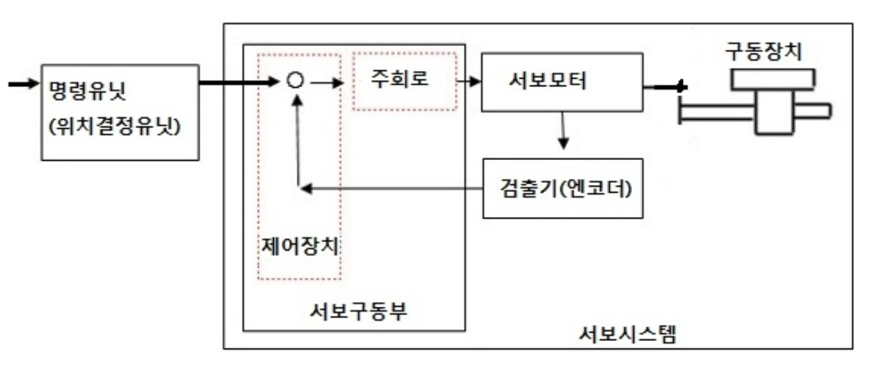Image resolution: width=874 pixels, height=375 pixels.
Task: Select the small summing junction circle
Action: coord(296,81)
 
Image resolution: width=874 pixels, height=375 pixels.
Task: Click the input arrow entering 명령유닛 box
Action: coord(21,84)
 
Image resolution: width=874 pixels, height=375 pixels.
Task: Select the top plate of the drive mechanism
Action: coord(772,79)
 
